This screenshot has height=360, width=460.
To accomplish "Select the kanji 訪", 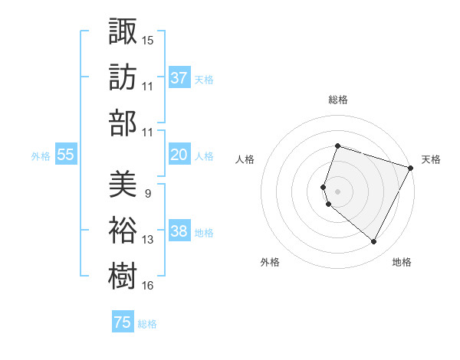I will pyautogui.click(x=123, y=77).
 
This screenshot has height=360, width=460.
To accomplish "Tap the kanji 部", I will pyautogui.click(x=123, y=123).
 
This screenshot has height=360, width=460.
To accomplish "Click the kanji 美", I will pyautogui.click(x=123, y=184).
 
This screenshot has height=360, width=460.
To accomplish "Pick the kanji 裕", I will pyautogui.click(x=123, y=230).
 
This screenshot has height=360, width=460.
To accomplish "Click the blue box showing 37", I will pyautogui.click(x=179, y=78).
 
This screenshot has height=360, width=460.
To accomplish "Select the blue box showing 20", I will pyautogui.click(x=179, y=155).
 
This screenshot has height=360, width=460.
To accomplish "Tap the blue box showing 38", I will pyautogui.click(x=179, y=231).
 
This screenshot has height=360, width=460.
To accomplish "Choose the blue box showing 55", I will pyautogui.click(x=66, y=155).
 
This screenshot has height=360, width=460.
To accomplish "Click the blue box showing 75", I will pyautogui.click(x=123, y=322).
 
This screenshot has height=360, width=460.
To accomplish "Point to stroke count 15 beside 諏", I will pyautogui.click(x=148, y=40).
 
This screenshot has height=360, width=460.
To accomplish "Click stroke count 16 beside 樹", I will pyautogui.click(x=148, y=286).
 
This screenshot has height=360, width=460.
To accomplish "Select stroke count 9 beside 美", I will pyautogui.click(x=147, y=193).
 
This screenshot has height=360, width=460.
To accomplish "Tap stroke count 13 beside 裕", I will pyautogui.click(x=148, y=240).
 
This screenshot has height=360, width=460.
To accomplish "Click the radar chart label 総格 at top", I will pyautogui.click(x=337, y=100).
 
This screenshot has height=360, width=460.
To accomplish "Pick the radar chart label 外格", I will pyautogui.click(x=270, y=262).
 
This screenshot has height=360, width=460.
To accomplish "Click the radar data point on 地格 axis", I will pyautogui.click(x=374, y=242).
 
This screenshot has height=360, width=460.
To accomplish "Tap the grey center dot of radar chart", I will pyautogui.click(x=337, y=191).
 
